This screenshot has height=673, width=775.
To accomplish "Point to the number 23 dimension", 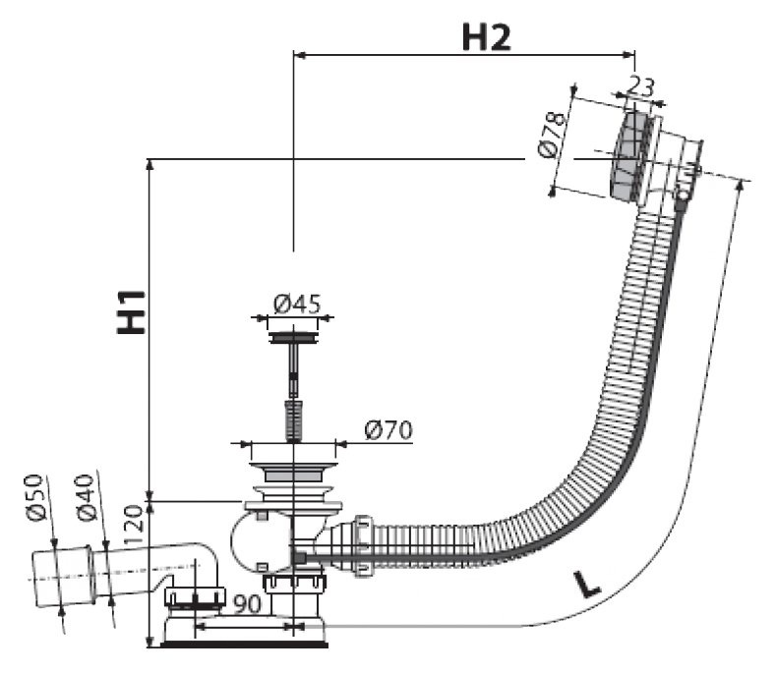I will (641, 86).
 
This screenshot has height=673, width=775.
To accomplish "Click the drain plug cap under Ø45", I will (292, 339).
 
